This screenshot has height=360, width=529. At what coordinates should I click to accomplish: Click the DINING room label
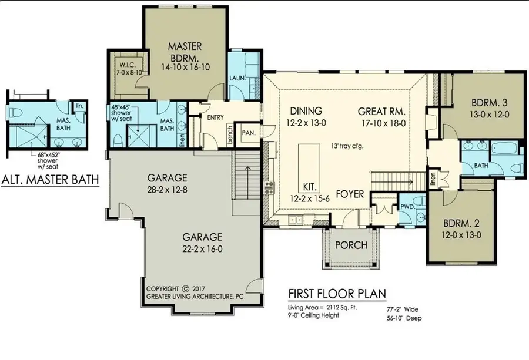(x=306, y=110)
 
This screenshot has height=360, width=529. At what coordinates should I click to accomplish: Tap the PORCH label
(x=351, y=244)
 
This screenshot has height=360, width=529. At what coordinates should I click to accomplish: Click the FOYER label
(x=350, y=194)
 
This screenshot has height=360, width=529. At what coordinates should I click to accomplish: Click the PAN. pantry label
(x=249, y=133)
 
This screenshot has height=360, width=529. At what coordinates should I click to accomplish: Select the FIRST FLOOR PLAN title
(x=337, y=293)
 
